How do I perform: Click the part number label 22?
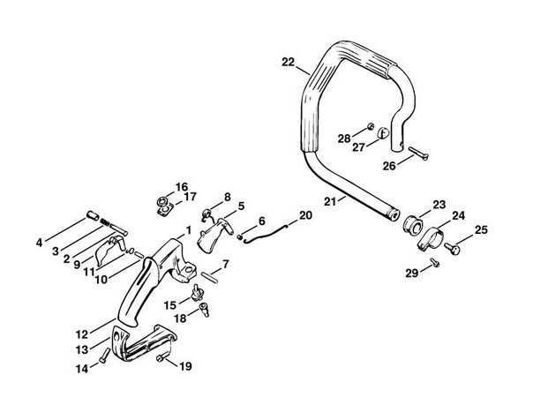click(288, 61)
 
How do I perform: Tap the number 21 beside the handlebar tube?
click(329, 202)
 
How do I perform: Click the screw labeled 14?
click(106, 356)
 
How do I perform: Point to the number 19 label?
click(186, 366)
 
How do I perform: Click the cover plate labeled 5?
click(209, 233)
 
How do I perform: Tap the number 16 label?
click(182, 186)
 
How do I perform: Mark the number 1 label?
click(188, 230)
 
